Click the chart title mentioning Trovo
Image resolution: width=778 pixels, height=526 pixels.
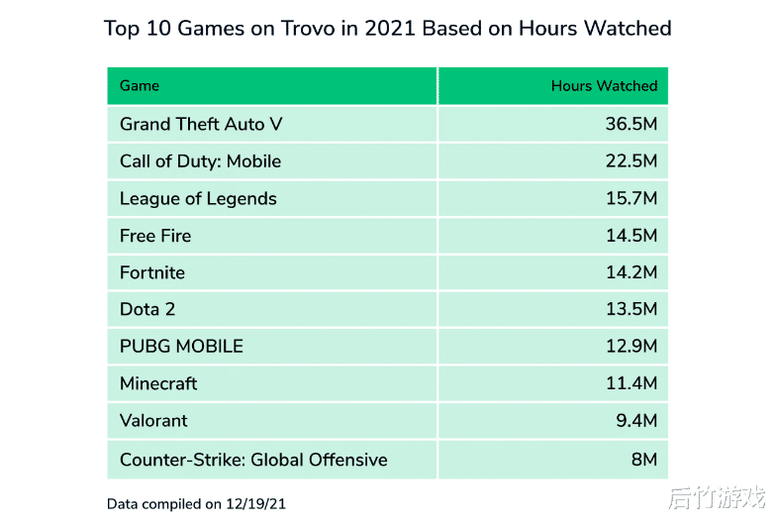coord(388,28)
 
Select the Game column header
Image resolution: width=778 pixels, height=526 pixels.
coord(140,86)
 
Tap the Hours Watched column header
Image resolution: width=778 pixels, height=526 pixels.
coord(604,86)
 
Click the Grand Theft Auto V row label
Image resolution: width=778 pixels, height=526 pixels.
coord(193,124)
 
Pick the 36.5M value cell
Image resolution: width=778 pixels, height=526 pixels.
coord(632,124)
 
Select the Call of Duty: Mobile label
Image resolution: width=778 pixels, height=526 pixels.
coord(200,161)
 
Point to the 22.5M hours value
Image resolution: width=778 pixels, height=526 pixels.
coord(632,161)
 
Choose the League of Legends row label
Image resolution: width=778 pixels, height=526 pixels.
coord(198,198)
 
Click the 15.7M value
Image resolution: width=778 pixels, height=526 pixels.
coord(632,198)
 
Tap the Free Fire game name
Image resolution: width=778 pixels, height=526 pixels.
coord(155,236)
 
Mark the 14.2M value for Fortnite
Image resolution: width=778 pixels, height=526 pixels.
coord(632,272)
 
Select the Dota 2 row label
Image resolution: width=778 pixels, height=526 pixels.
coord(147,309)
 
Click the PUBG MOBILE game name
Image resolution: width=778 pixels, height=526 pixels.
coord(181,347)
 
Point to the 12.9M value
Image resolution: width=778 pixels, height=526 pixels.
coord(632,347)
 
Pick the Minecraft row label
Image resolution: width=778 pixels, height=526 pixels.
coord(158,383)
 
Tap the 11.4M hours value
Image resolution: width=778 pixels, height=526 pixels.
coord(632,383)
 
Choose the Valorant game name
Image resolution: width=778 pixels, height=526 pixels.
coord(153,421)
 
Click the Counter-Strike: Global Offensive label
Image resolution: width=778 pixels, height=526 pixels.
coord(253,460)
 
